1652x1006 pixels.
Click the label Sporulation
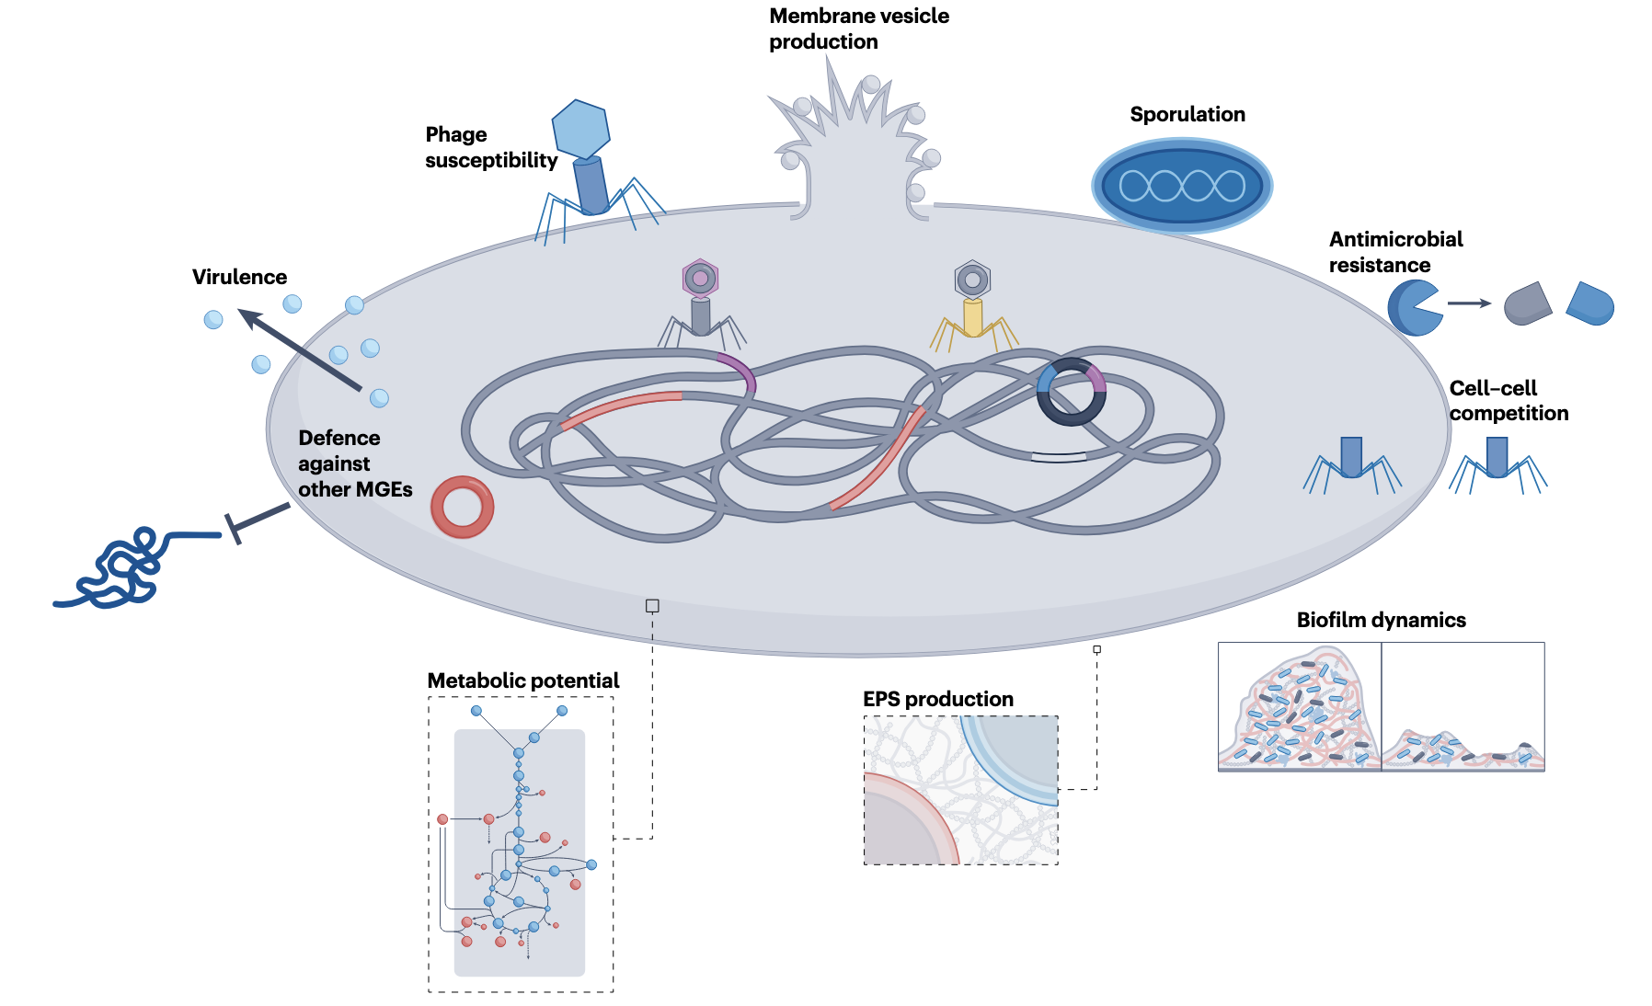coord(1187,114)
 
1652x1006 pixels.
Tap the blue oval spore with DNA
coord(1182,185)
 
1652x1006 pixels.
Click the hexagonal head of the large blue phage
coord(580,128)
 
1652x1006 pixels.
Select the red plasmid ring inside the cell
coord(463,507)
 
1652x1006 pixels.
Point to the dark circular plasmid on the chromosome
coord(1072,391)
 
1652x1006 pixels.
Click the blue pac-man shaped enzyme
coord(1413,307)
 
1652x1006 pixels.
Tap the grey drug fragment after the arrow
coord(1527,304)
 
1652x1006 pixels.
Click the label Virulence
coord(239,277)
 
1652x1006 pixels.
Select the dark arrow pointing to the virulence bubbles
coord(299,349)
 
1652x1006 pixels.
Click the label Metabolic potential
coord(522,680)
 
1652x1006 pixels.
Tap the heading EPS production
coord(937,699)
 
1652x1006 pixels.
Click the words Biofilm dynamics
coord(1381,620)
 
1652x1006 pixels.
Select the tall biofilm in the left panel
coord(1299,713)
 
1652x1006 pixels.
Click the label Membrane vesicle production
coord(858,29)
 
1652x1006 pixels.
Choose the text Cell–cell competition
coord(1508,400)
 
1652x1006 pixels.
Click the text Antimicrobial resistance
coord(1395,252)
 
